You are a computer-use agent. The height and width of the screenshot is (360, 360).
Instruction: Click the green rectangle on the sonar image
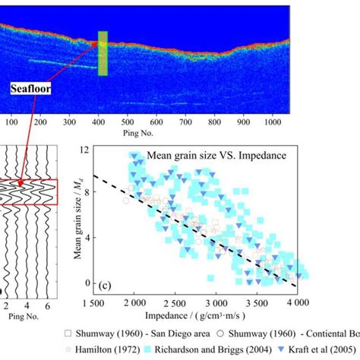point(103,54)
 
